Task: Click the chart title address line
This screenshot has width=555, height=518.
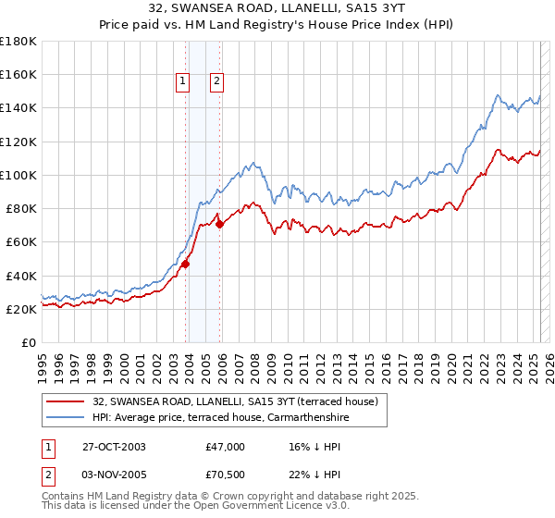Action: click(277, 8)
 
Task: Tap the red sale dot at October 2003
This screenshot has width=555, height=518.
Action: click(186, 264)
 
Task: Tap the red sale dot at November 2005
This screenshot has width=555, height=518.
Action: click(219, 224)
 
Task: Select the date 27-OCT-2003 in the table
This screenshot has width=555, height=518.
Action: click(114, 447)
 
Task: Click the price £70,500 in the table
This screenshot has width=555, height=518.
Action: click(225, 477)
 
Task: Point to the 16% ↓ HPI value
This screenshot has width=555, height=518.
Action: click(311, 447)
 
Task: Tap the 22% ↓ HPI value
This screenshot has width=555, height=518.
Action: click(311, 477)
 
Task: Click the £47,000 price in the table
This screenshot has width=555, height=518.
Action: click(225, 447)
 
